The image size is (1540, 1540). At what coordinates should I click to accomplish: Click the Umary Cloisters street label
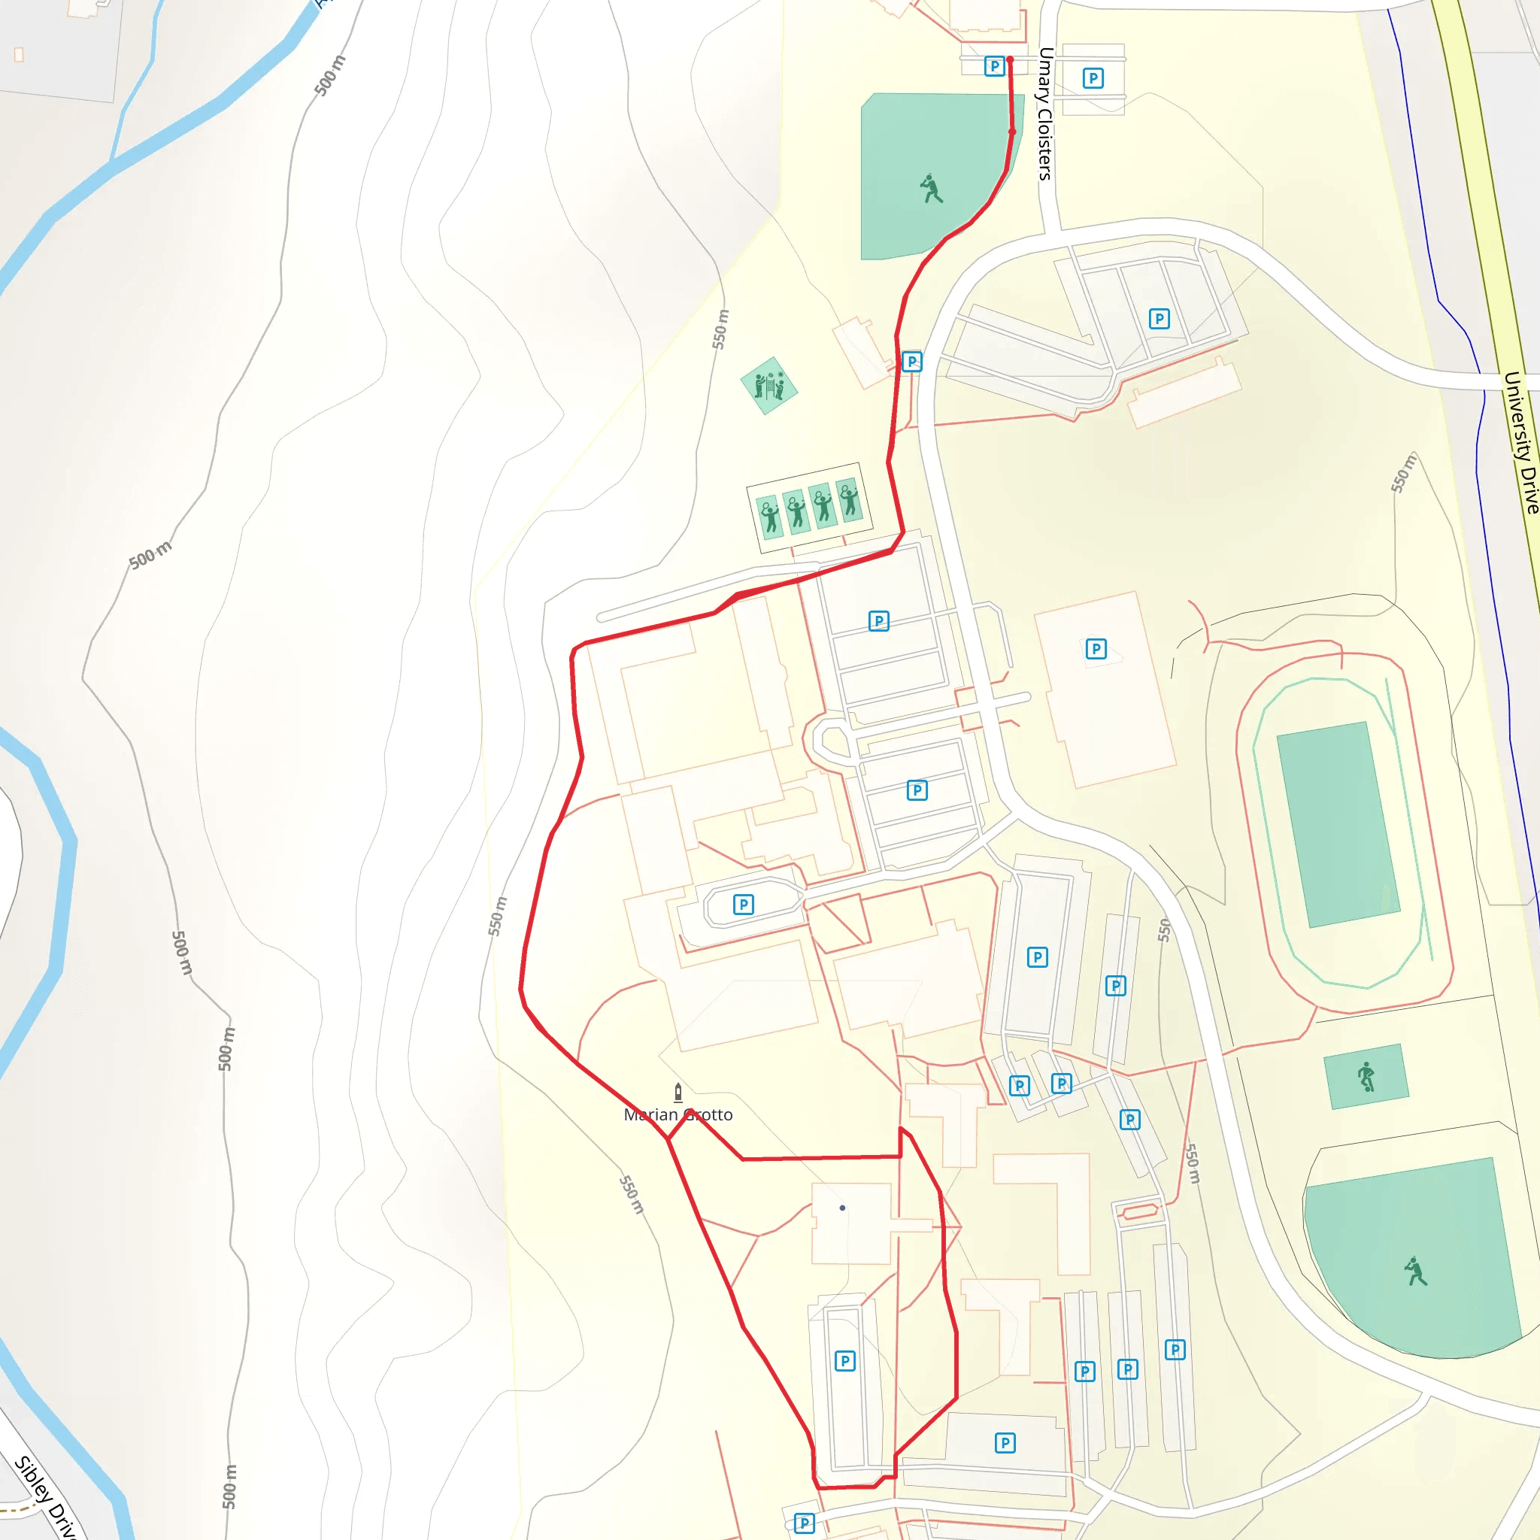1045,114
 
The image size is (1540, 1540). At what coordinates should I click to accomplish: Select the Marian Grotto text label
678,1114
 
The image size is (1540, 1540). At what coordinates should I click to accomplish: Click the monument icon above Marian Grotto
678,1091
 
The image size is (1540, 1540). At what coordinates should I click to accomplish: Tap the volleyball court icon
769,386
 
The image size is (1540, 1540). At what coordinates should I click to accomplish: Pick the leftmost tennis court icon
769,516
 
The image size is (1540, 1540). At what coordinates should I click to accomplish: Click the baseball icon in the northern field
930,189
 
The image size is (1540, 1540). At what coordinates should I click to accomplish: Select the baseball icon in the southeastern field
1416,1272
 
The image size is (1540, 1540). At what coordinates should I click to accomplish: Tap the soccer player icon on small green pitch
1366,1076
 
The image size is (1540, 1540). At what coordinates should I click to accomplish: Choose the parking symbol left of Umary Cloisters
994,66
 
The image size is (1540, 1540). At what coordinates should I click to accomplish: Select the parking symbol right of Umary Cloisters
1093,78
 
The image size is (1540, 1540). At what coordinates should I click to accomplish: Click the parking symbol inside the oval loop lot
743,904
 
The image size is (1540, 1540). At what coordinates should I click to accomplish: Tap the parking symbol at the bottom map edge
805,1523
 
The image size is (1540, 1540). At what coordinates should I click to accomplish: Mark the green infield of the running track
1338,824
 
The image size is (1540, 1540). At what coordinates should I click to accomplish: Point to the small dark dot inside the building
842,1208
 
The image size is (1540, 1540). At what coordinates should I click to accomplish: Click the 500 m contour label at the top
330,76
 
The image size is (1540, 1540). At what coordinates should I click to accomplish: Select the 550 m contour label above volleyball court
720,329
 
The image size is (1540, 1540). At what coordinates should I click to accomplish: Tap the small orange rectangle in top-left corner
19,54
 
